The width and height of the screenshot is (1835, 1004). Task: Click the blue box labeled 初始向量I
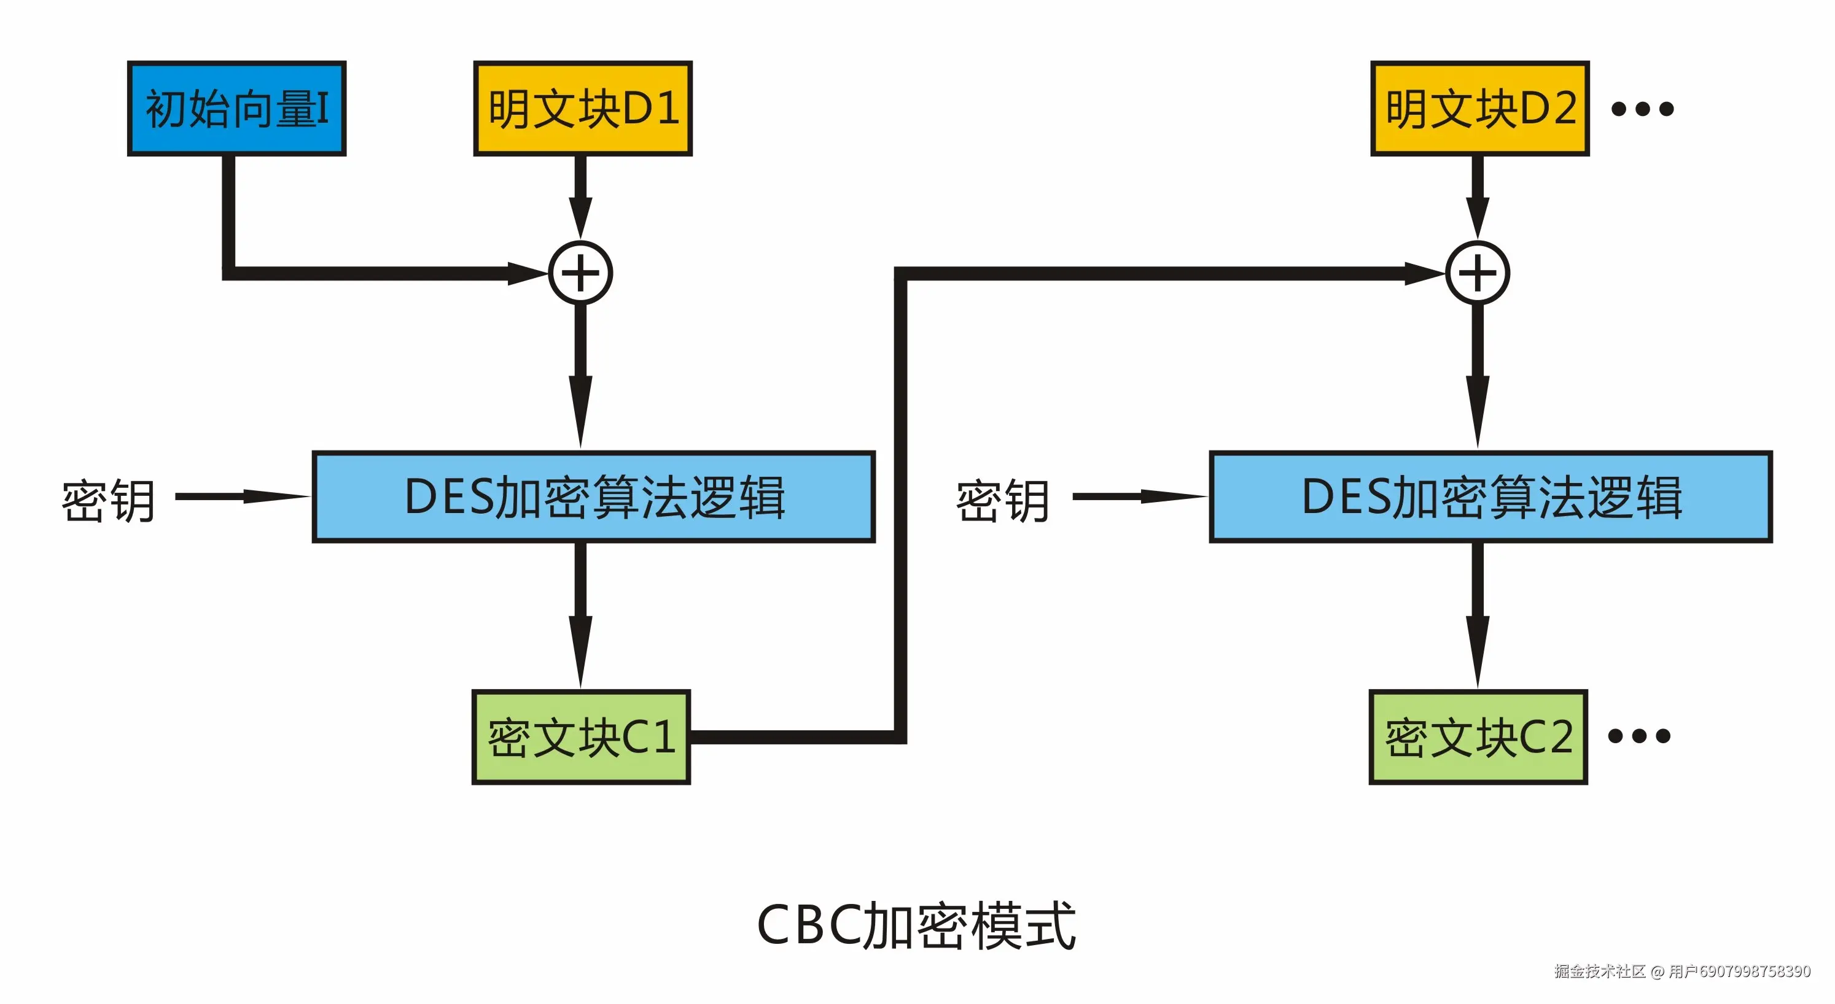click(x=236, y=108)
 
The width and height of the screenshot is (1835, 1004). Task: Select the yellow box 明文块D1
click(x=583, y=108)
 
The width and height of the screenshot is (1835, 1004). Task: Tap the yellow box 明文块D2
click(x=1479, y=108)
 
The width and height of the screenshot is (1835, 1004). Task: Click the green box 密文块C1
click(x=580, y=737)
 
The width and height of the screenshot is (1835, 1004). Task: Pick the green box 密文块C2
click(x=1478, y=737)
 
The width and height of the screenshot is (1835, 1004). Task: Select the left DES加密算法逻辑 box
click(x=593, y=496)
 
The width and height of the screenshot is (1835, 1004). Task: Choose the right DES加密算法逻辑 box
click(x=1490, y=496)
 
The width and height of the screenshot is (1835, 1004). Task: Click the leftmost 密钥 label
click(x=108, y=501)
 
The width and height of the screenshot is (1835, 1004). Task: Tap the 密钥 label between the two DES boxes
click(x=1002, y=501)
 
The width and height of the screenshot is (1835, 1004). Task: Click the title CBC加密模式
click(x=916, y=925)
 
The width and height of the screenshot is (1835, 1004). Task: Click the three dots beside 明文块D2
click(x=1642, y=109)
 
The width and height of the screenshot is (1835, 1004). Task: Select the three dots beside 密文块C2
click(x=1639, y=736)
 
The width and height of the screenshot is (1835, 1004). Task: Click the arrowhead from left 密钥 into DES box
click(x=278, y=496)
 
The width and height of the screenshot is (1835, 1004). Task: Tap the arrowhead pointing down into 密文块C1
click(x=580, y=652)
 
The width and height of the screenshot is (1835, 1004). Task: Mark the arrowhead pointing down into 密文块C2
click(x=1478, y=652)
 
